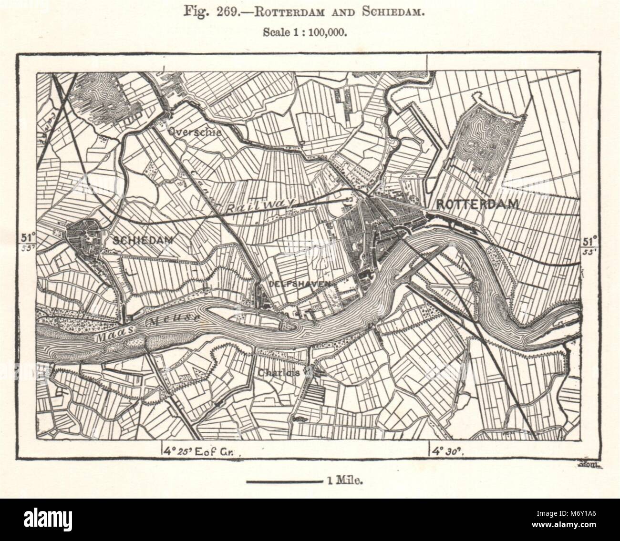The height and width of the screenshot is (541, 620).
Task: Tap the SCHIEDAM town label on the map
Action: (142, 240)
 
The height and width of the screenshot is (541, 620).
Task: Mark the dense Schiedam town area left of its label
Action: (83, 238)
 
